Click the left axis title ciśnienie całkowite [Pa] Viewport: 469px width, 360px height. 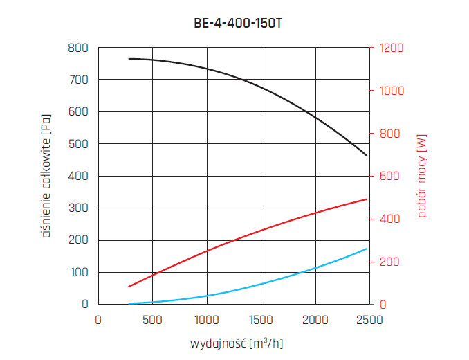tap(47, 176)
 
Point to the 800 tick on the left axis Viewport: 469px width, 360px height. tap(78, 48)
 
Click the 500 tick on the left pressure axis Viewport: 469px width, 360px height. tap(78, 144)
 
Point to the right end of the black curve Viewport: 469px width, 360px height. tap(367, 156)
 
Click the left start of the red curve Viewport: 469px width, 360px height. tap(129, 287)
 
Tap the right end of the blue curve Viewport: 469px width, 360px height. tap(367, 249)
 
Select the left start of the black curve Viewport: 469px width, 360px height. tap(129, 59)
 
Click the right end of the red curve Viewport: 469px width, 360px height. tap(367, 199)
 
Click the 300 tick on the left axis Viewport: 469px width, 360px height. tap(78, 208)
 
